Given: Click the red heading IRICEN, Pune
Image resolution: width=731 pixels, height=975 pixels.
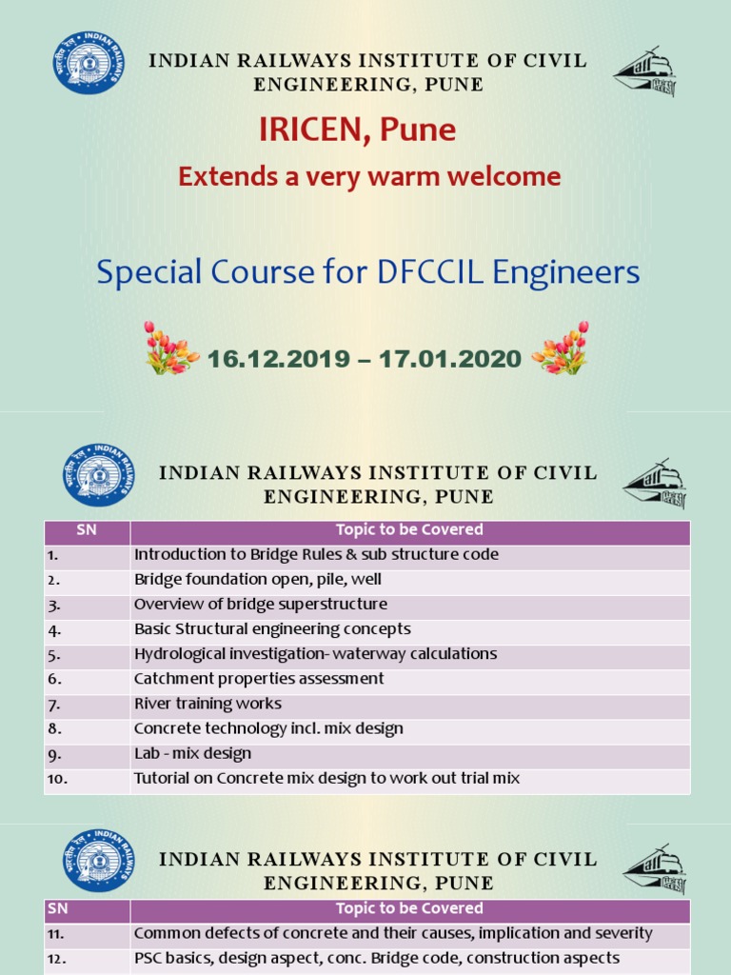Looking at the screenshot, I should point(357,129).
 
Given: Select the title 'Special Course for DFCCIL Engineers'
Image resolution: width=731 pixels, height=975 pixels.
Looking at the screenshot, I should point(367,273).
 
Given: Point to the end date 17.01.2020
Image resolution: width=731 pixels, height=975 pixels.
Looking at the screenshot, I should point(449,359).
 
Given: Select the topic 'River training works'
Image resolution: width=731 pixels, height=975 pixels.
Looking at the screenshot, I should point(207,704).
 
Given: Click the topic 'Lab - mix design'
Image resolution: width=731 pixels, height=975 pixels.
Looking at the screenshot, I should point(192,753).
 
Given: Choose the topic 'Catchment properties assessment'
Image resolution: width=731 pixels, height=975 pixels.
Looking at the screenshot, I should point(259,679).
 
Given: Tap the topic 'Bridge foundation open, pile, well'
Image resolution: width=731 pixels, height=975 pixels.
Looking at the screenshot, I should point(257,579).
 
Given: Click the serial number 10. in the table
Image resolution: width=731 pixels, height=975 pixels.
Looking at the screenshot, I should point(58,779).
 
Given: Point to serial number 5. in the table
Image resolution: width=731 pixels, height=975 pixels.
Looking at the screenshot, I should point(54,655).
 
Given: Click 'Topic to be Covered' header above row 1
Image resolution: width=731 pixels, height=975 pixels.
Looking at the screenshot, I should point(409,530).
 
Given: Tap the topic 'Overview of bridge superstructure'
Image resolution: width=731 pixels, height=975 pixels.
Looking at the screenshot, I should point(260,605).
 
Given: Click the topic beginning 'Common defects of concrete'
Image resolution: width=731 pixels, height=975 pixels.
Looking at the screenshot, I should point(392,933).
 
